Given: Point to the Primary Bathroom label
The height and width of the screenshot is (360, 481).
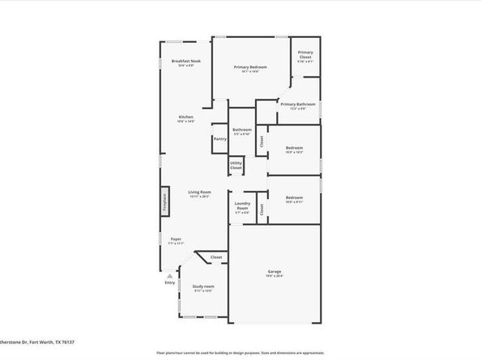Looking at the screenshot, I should pyautogui.click(x=298, y=104).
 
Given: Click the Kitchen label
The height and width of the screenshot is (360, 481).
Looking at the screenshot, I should pyautogui.click(x=185, y=117).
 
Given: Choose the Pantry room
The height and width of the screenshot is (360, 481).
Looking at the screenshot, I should pyautogui.click(x=219, y=138).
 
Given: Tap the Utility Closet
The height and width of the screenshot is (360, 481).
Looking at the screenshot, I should pyautogui.click(x=236, y=165).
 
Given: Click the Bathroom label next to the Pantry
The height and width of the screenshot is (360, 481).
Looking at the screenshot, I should pyautogui.click(x=242, y=129).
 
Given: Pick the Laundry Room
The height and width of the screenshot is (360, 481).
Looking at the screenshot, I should pyautogui.click(x=241, y=206).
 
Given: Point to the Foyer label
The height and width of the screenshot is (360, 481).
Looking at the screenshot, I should pyautogui.click(x=176, y=239).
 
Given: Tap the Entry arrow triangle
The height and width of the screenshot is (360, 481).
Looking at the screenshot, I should pyautogui.click(x=169, y=274).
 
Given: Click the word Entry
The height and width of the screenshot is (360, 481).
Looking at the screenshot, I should pyautogui.click(x=169, y=282).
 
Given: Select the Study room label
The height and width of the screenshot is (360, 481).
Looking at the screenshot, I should pyautogui.click(x=203, y=286).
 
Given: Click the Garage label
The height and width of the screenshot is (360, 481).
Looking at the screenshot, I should pyautogui.click(x=275, y=271).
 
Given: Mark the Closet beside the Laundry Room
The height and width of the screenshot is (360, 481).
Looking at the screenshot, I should pyautogui.click(x=262, y=208).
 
